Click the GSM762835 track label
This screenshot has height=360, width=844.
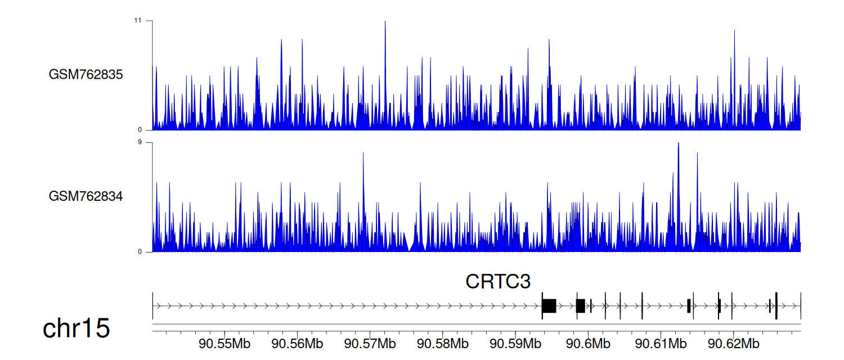click(x=86, y=75)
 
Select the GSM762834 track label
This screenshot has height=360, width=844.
click(x=86, y=196)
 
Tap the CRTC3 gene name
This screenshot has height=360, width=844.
click(x=498, y=281)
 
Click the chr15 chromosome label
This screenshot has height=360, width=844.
click(x=76, y=328)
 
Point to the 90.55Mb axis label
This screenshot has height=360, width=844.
click(x=225, y=344)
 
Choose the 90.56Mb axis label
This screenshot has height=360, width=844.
click(x=297, y=344)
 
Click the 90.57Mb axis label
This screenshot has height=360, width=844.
click(x=370, y=344)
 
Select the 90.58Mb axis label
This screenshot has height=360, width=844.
click(x=443, y=344)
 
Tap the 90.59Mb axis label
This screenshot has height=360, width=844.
click(x=515, y=344)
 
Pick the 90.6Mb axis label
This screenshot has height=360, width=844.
click(x=588, y=344)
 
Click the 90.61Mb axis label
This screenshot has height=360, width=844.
click(x=661, y=344)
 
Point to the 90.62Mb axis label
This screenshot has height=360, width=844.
click(x=734, y=344)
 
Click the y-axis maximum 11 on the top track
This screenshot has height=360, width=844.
click(x=137, y=20)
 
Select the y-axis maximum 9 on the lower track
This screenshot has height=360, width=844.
click(x=140, y=142)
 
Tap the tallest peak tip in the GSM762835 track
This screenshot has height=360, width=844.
click(x=385, y=21)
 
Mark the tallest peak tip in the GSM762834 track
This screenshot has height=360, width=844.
click(x=678, y=143)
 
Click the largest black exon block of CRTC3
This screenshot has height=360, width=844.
click(x=549, y=306)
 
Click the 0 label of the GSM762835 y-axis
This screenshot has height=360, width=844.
click(x=140, y=130)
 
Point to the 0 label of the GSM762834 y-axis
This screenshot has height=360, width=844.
click(x=140, y=252)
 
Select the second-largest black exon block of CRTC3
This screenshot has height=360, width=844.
click(x=581, y=306)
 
